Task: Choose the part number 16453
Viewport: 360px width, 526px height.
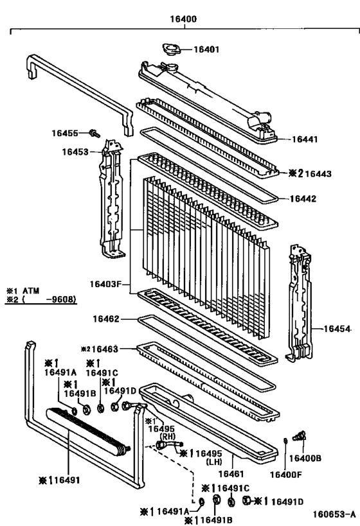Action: click(x=75, y=152)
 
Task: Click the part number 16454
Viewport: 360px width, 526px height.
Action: click(x=337, y=329)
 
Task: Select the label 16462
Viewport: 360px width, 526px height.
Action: click(x=106, y=318)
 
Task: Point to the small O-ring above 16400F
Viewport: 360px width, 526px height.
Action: click(x=284, y=441)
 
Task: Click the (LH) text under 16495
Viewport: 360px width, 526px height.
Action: click(x=216, y=462)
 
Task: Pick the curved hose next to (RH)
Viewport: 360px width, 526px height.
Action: click(x=169, y=444)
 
